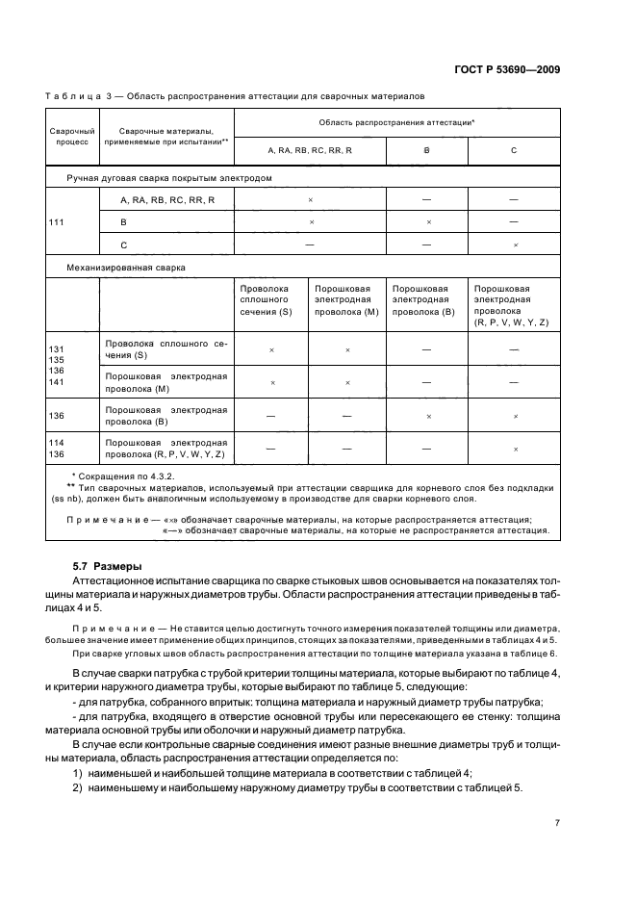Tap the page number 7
click(557, 821)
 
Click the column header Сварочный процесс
click(71, 135)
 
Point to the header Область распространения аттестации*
click(396, 123)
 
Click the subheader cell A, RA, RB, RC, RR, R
click(310, 151)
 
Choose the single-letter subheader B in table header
click(426, 151)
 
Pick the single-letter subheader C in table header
click(514, 151)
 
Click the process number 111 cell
click(58, 221)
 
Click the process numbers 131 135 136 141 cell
click(58, 364)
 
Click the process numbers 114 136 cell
click(58, 449)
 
